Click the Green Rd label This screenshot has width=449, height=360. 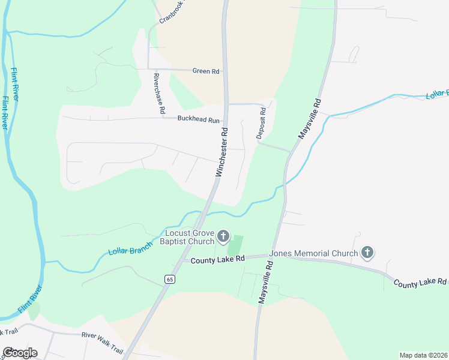(205, 71)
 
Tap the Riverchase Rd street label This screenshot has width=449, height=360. (158, 94)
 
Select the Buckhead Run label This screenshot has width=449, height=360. (199, 119)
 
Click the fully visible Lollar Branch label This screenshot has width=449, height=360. (130, 251)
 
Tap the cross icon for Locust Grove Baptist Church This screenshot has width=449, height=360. (223, 236)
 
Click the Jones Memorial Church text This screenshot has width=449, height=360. (313, 253)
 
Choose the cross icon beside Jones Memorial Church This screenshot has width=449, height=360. (368, 253)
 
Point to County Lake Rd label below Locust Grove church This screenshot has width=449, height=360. (218, 260)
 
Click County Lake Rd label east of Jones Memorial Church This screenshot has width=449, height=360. (420, 281)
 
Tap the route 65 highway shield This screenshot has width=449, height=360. (170, 279)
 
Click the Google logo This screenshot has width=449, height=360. (19, 352)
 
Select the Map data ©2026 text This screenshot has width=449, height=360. (423, 355)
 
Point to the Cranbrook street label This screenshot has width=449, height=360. (173, 11)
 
